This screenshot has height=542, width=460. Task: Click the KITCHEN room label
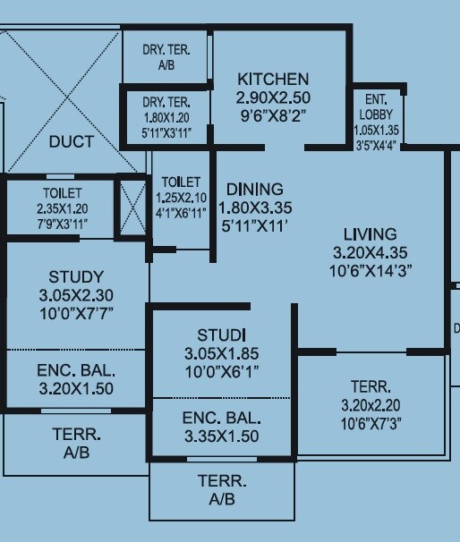coord(273,80)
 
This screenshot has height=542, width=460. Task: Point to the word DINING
coord(254,190)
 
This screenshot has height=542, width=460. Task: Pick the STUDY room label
coord(76,276)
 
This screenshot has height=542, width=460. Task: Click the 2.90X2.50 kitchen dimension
coord(273,97)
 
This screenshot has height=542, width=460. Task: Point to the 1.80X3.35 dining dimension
coord(254,208)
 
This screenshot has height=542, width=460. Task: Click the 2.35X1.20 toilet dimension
coord(62,208)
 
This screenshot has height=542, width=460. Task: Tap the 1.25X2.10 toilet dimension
coord(182,198)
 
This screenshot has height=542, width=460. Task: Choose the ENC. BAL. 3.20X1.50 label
coord(76,379)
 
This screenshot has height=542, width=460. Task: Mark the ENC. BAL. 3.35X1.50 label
coord(221,428)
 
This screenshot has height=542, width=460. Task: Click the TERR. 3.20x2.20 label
coord(371,396)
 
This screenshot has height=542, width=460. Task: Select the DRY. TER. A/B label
coord(166,55)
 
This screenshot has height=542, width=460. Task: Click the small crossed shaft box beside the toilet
coord(132,208)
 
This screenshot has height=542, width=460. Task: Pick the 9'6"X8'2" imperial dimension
coord(273,114)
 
